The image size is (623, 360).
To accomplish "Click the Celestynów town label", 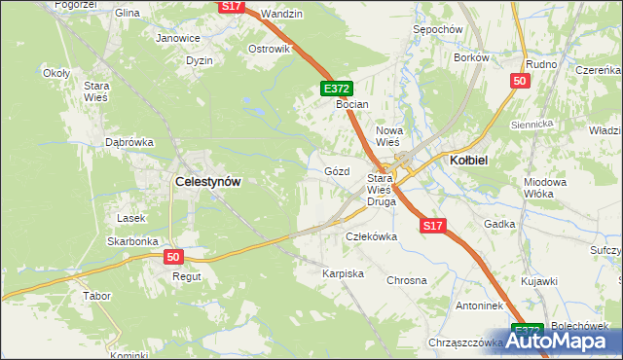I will tap(207, 181).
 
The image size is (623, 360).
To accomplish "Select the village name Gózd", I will tap(336, 171).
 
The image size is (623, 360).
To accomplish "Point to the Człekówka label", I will tap(372, 236).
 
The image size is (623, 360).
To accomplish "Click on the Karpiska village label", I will tap(343, 274).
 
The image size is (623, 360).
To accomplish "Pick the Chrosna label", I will tap(407, 280).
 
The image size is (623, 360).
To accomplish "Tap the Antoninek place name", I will tap(451, 306).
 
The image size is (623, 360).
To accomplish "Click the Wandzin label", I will tap(282, 15).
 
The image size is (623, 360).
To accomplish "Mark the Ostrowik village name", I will tap(270, 49).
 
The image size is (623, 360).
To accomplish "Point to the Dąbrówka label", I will tap(129, 142).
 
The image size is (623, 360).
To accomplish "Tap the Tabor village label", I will tap(96, 295).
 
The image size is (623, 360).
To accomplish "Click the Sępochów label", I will tap(436, 30).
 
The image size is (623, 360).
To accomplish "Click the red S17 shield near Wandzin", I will tap(230, 7).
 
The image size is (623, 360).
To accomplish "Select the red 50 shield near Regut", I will tap(173, 257).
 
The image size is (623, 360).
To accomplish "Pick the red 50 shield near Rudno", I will tap(519, 82).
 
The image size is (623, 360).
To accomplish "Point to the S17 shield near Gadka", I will tap(433, 226).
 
